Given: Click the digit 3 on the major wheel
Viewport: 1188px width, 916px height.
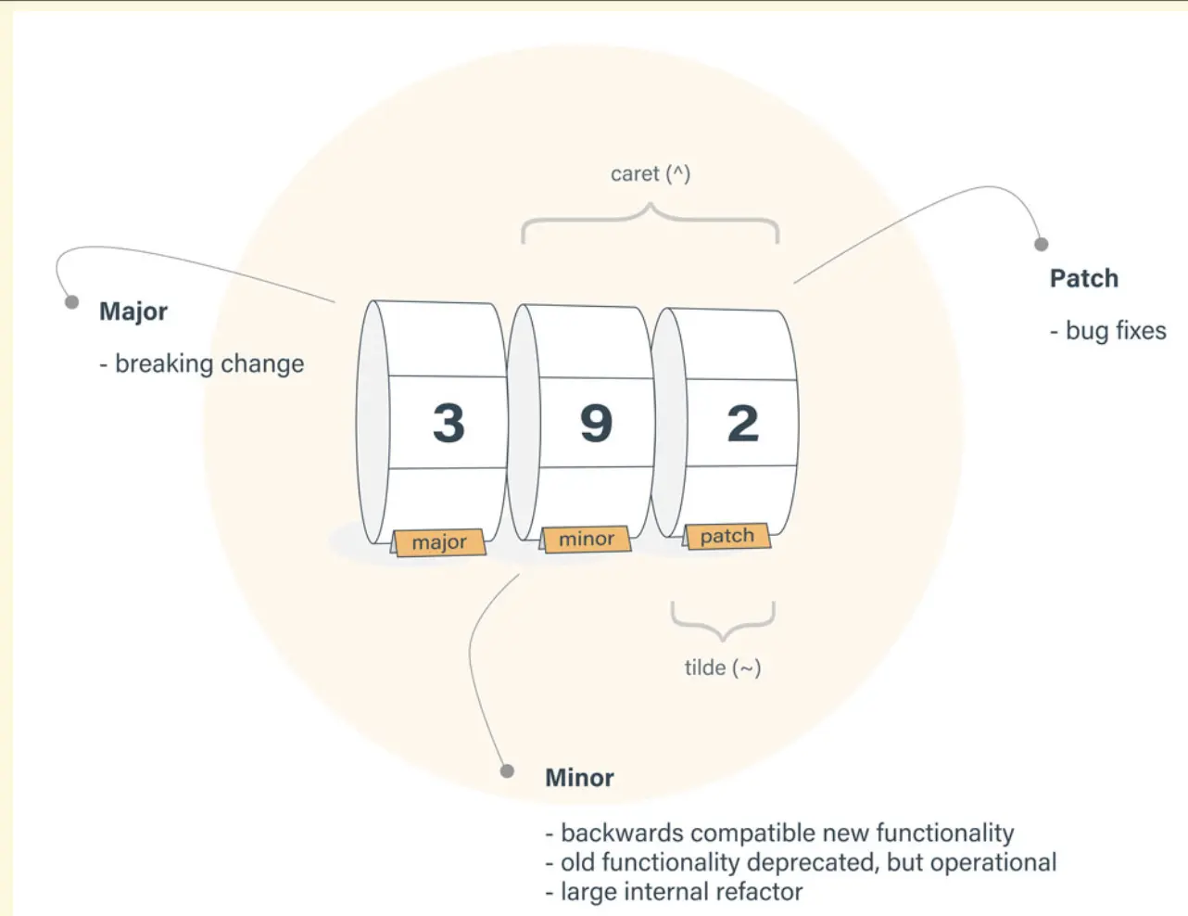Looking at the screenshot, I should click(449, 423).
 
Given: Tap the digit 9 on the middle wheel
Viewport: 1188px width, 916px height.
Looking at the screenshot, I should click(596, 424).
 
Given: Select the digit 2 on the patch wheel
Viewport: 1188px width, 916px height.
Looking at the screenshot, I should click(742, 424).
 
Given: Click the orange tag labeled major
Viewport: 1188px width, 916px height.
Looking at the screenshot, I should click(440, 541).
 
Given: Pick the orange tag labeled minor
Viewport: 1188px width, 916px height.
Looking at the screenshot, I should click(586, 539).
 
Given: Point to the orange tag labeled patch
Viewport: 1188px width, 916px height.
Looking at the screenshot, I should click(727, 536).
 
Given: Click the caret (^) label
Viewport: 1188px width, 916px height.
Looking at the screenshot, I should click(651, 173).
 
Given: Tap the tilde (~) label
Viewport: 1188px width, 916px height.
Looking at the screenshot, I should click(723, 668).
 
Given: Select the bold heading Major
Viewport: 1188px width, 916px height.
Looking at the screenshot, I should click(133, 312).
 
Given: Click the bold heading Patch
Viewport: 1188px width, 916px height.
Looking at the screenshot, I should click(1083, 278).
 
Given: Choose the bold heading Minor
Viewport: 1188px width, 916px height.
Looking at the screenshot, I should click(579, 778).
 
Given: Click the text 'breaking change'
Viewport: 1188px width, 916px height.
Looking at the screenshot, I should click(209, 363).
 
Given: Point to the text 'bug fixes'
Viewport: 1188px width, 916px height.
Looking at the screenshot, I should click(1115, 331).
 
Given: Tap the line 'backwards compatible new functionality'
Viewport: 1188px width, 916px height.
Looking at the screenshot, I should click(787, 833).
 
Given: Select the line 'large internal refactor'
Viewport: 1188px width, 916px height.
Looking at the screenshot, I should click(681, 892).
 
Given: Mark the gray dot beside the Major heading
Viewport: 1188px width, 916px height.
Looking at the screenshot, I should click(71, 302).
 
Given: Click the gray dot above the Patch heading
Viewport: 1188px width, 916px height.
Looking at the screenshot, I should click(1042, 245).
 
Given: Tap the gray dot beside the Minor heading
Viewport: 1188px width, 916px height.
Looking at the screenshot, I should click(507, 771).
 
